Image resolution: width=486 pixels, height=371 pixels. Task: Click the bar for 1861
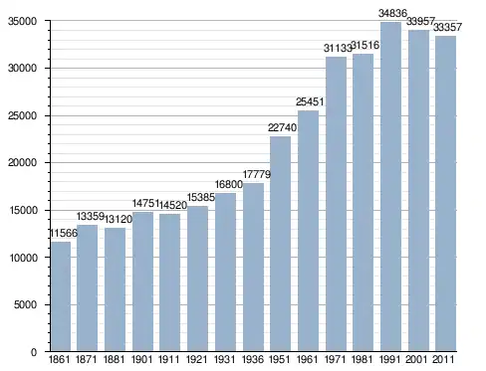(61, 296)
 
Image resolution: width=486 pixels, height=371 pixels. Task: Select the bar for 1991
(390, 187)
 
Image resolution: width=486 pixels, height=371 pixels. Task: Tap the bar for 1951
(281, 244)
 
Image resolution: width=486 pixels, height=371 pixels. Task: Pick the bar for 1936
(253, 268)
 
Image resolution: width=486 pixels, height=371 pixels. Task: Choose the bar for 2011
(446, 194)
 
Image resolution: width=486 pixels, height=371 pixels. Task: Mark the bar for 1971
(336, 204)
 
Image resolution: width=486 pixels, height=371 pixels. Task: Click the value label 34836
(392, 13)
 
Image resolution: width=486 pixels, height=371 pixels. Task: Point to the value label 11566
(64, 233)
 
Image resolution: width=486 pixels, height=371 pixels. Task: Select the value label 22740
(282, 127)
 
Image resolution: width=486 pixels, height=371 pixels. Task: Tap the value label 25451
(310, 101)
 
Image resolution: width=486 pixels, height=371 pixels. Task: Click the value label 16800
(229, 184)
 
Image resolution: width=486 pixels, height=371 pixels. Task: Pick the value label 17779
(257, 174)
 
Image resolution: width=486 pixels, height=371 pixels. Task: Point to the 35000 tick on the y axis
(22, 21)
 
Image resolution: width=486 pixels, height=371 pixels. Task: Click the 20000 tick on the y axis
(22, 163)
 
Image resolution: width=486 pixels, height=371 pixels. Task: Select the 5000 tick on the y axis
(25, 304)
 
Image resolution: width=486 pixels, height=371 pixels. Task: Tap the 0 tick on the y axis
(34, 352)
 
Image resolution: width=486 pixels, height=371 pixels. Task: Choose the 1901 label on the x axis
(141, 359)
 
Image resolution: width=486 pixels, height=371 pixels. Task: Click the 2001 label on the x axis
(416, 359)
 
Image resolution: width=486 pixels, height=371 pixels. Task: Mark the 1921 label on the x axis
(196, 359)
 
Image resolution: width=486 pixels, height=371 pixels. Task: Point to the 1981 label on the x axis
(362, 359)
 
